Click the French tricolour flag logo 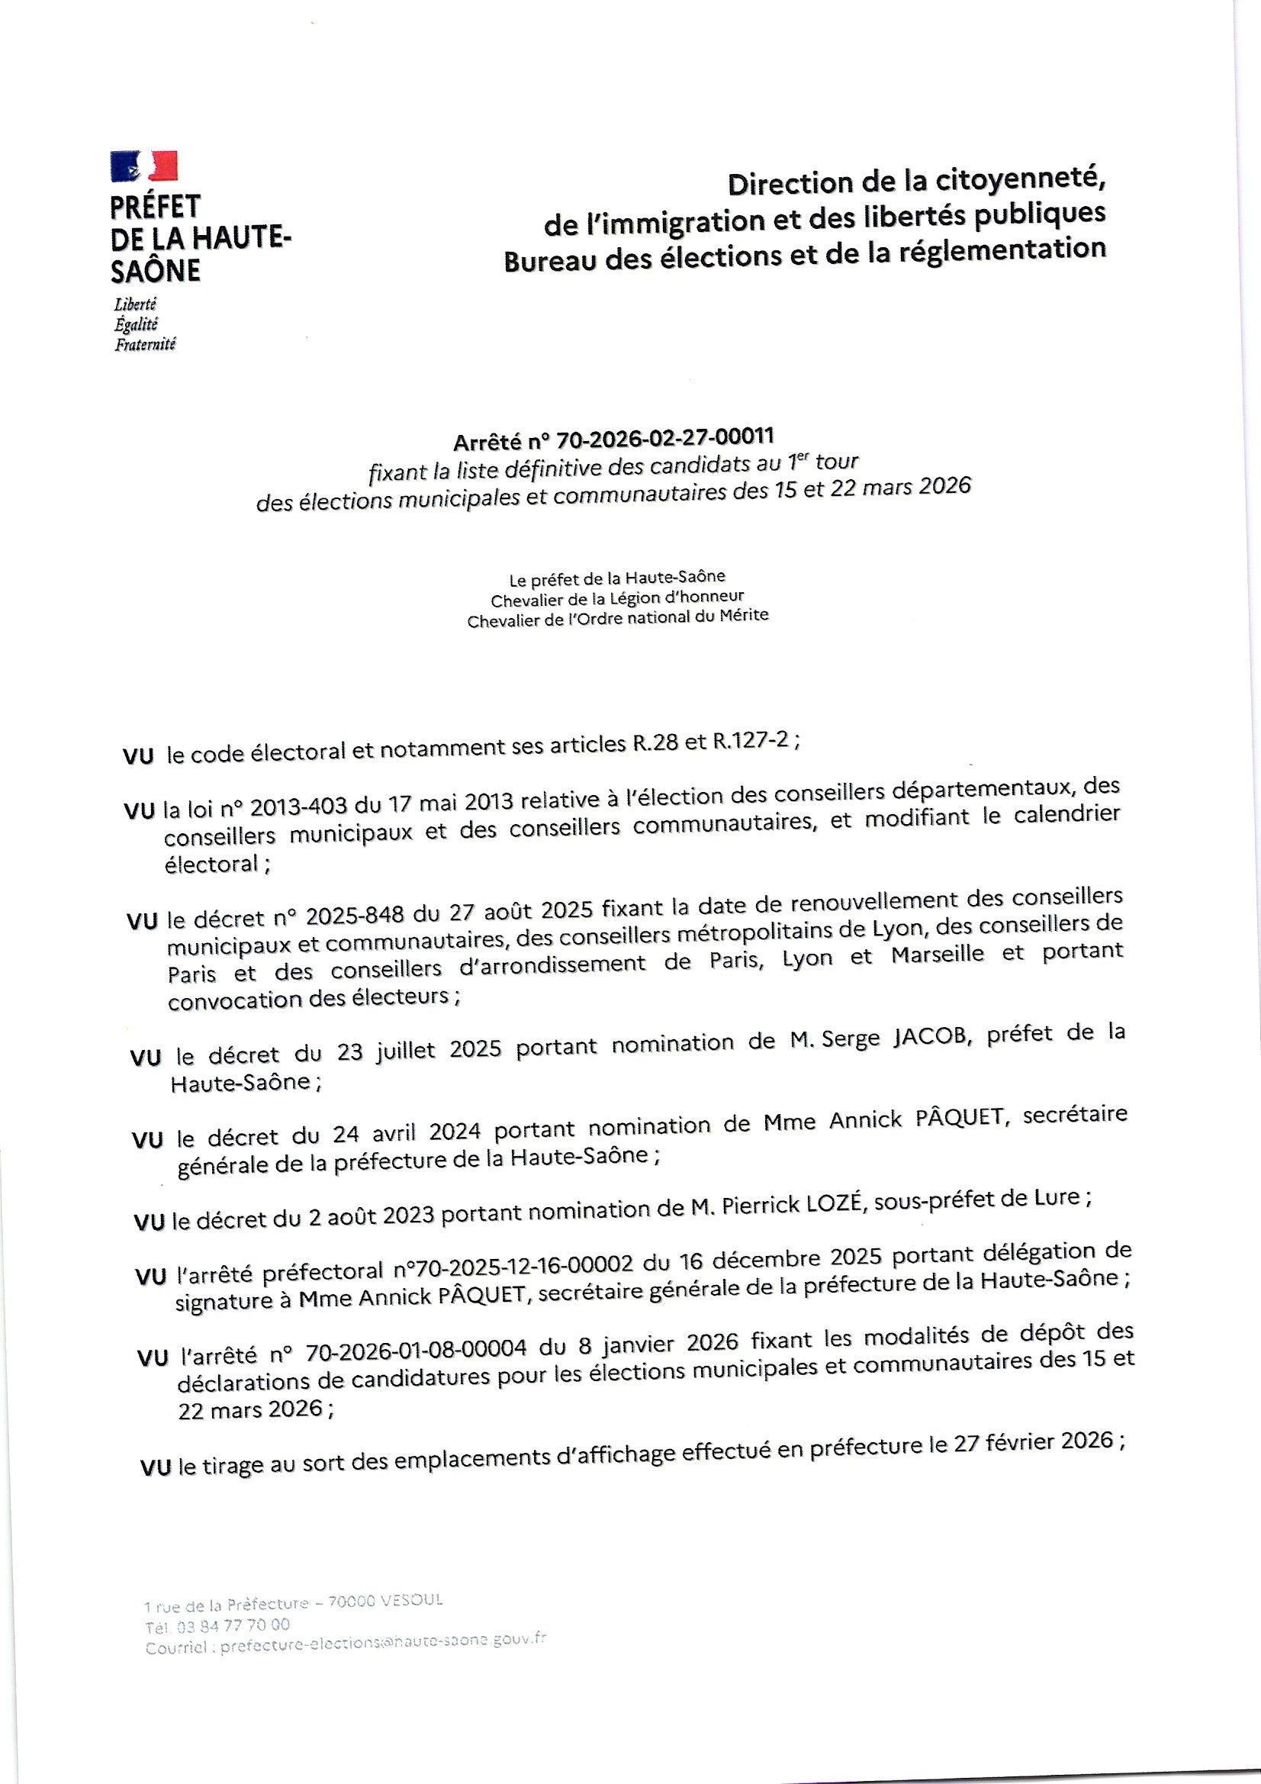point(144,166)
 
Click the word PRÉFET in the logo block point(156,207)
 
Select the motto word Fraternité point(145,344)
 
